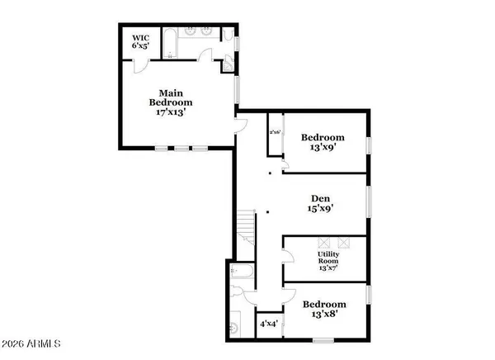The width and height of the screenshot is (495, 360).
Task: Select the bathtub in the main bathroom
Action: click(168, 44)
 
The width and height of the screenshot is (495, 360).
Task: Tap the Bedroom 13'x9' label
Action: click(323, 143)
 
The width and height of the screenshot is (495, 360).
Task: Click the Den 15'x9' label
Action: click(320, 203)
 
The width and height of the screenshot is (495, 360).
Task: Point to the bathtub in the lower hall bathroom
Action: click(243, 270)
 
